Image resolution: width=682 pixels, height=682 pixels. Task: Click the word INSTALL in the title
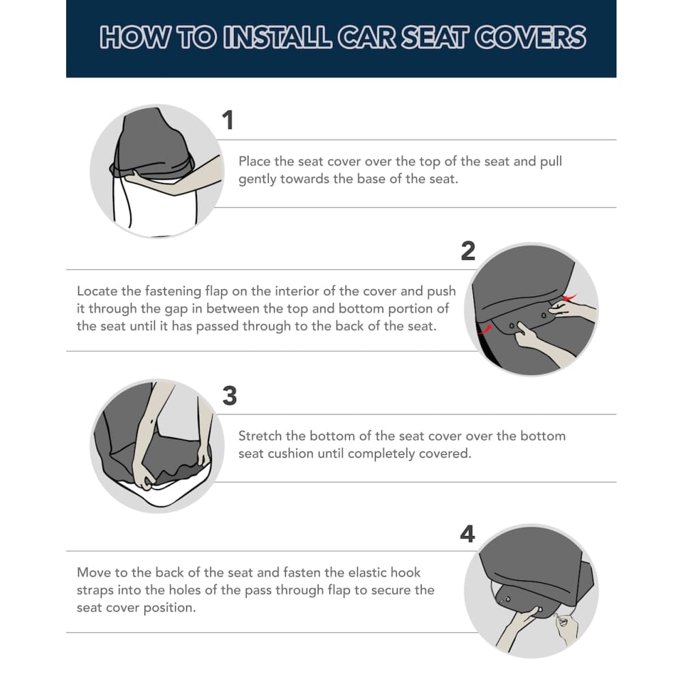click(x=278, y=37)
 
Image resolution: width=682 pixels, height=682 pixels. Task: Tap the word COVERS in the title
click(x=530, y=37)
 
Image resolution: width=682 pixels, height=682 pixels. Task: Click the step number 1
click(x=228, y=120)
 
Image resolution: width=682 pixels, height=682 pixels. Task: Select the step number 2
click(x=468, y=251)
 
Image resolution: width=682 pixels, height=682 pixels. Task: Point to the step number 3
click(x=230, y=396)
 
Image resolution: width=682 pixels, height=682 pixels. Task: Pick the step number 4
click(x=468, y=534)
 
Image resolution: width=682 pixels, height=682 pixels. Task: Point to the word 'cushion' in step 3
click(x=291, y=454)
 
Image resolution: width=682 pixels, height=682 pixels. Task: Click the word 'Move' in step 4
click(x=91, y=572)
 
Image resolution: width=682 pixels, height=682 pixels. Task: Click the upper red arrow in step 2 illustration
click(x=570, y=297)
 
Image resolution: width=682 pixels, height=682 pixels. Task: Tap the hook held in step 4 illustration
click(x=563, y=621)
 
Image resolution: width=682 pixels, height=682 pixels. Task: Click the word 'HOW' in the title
click(x=134, y=37)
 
